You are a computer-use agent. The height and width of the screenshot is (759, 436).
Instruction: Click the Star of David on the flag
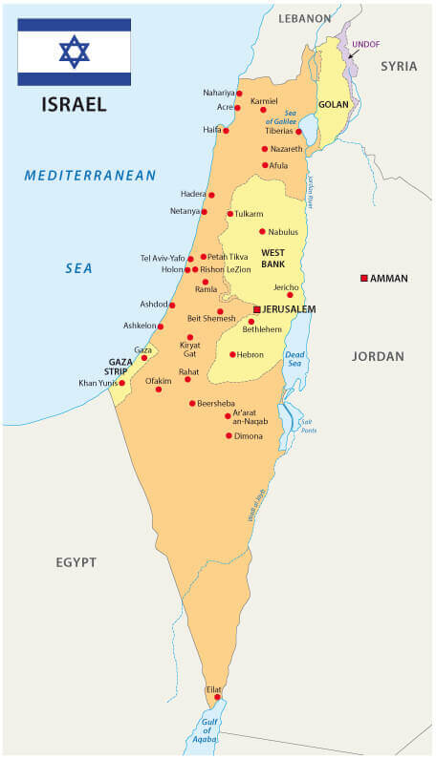coord(74,52)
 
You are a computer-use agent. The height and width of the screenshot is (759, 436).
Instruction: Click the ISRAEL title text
coord(74,103)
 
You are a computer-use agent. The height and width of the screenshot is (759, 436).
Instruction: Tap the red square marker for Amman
coord(363,278)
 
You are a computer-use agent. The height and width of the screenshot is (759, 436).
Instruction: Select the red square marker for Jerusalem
coord(256,309)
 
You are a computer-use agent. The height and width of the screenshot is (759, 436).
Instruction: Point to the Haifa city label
coord(211,129)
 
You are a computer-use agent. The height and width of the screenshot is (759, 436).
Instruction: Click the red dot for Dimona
coord(229,435)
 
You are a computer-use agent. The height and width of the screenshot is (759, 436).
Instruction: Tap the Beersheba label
coord(215,404)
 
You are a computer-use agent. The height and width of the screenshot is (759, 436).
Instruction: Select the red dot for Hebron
coord(232,354)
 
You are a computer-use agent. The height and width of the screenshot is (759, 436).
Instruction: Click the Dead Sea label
coord(294,359)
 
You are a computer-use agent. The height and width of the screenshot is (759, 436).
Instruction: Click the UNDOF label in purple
coord(366,44)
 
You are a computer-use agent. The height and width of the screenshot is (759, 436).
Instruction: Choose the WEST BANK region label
coord(274,257)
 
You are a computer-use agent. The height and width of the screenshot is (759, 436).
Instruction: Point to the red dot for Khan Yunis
coord(121,383)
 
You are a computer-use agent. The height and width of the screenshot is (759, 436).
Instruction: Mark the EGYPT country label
coord(76,562)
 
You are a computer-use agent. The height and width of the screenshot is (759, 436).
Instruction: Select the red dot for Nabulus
coord(262,231)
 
